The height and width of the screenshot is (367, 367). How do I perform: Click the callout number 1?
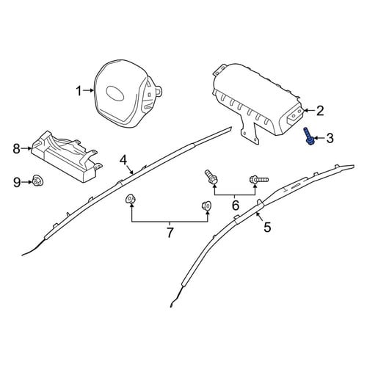pos(79,91)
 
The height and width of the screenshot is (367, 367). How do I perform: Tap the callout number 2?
pos(320,111)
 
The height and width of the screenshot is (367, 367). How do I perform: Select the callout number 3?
pos(330,138)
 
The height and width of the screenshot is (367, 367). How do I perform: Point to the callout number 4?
pos(123,161)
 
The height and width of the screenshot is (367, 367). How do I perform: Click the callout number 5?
pos(267,227)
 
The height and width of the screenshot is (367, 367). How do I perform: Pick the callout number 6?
pos(235,205)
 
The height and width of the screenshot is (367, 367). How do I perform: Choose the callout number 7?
pos(170,233)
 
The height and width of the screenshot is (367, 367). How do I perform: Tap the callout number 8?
pos(17,148)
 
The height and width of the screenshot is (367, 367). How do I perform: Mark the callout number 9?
pos(17,183)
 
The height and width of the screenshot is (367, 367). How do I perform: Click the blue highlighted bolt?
pos(308,137)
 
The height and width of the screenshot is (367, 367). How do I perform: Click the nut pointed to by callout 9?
pos(37,181)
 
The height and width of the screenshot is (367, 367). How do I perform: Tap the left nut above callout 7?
pos(130,199)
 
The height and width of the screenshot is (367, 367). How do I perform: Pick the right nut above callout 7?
pos(206,206)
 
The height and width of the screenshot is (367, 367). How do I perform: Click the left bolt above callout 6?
pos(211,178)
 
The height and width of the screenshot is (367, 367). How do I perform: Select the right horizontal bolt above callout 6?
pos(259,180)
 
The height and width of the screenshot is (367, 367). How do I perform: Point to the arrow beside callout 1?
pos(88,90)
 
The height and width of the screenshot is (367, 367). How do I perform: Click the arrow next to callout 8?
pos(26,148)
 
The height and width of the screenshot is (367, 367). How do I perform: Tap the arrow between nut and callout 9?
pos(27,182)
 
